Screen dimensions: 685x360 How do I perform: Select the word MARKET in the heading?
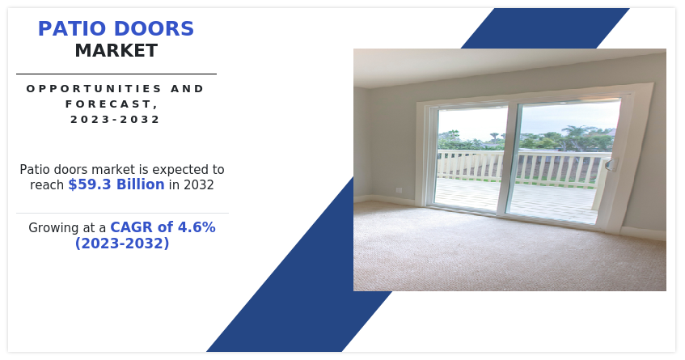pyautogui.click(x=116, y=51)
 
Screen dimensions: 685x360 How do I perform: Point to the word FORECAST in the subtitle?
pyautogui.click(x=109, y=104)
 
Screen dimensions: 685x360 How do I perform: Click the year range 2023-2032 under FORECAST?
pyautogui.click(x=116, y=119)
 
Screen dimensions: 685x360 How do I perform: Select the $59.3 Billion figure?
pyautogui.click(x=116, y=184)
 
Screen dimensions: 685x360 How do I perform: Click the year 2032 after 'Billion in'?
pyautogui.click(x=199, y=184)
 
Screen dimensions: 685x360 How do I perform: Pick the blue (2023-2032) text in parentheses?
pyautogui.click(x=122, y=243)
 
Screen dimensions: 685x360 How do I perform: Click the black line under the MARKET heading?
pyautogui.click(x=116, y=74)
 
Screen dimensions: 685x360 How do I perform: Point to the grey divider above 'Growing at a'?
pyautogui.click(x=122, y=214)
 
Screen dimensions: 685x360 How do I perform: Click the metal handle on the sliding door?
pyautogui.click(x=611, y=164)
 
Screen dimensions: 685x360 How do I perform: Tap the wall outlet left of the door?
pyautogui.click(x=399, y=190)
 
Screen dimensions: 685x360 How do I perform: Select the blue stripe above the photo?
pyautogui.click(x=545, y=28)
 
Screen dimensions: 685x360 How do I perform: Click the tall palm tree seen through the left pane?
pyautogui.click(x=494, y=138)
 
